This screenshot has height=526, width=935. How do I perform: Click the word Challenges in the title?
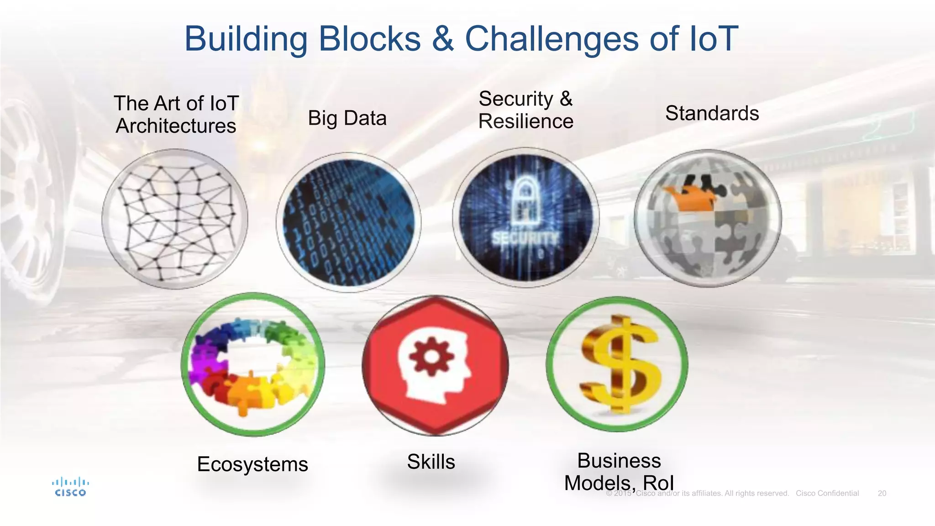[x=552, y=39]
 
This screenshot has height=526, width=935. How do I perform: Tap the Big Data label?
[x=347, y=118]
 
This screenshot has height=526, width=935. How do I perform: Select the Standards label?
[x=712, y=113]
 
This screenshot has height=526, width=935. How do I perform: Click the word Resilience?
[x=525, y=121]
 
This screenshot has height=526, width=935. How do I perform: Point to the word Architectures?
[x=176, y=126]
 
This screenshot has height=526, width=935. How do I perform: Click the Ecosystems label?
[x=252, y=464]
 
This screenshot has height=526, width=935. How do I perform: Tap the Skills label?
[x=431, y=462]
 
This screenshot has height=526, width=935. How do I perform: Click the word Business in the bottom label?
[x=619, y=460]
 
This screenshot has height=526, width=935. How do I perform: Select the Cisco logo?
[x=70, y=487]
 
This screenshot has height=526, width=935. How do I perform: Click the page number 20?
[x=882, y=493]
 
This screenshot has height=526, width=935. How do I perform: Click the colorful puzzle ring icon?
[x=253, y=364]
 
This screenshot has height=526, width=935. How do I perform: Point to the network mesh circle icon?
[x=175, y=219]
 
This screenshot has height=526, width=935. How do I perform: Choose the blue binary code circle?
[x=349, y=222]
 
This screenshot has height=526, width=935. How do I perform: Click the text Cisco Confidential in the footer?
[x=827, y=493]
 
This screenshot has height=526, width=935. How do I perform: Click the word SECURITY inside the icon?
[x=525, y=238]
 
